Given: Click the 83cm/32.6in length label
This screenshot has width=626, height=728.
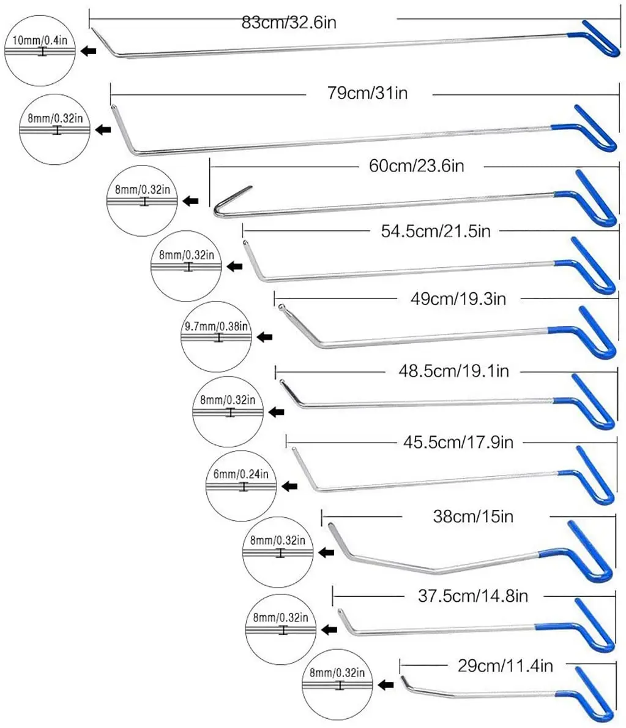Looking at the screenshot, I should click(x=289, y=23).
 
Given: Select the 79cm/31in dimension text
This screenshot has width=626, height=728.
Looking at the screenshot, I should click(x=368, y=93).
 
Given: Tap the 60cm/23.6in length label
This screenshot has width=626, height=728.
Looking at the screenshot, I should click(x=416, y=165).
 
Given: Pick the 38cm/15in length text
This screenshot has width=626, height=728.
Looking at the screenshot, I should click(x=473, y=516).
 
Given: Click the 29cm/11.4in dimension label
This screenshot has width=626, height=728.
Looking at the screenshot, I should click(x=505, y=665).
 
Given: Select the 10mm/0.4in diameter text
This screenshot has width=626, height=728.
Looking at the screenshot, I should click(x=40, y=40).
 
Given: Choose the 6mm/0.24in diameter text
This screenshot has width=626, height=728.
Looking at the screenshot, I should click(x=241, y=474).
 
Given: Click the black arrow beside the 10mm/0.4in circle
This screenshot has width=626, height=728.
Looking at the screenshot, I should click(x=89, y=51).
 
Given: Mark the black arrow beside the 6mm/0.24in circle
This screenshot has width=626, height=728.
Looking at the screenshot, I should click(x=289, y=486).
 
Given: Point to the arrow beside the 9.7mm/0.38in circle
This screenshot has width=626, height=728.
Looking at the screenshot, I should click(x=264, y=337).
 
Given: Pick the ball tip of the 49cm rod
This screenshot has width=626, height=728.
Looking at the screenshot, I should click(x=280, y=307).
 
